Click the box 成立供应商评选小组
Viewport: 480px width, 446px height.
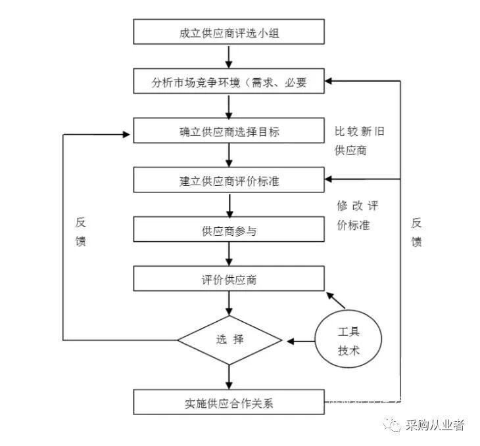pyautogui.click(x=229, y=33)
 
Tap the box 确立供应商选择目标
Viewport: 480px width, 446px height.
pyautogui.click(x=229, y=131)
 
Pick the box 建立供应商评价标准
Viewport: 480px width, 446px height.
pyautogui.click(x=229, y=181)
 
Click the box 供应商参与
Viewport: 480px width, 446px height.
pyautogui.click(x=229, y=231)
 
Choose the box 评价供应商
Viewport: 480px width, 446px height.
pyautogui.click(x=229, y=280)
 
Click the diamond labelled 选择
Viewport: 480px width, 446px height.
pyautogui.click(x=229, y=340)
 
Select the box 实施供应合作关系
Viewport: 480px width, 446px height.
pyautogui.click(x=229, y=402)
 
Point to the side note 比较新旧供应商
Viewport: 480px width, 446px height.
pyautogui.click(x=359, y=141)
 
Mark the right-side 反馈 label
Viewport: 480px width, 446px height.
pyautogui.click(x=416, y=232)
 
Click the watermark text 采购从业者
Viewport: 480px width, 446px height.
pyautogui.click(x=435, y=425)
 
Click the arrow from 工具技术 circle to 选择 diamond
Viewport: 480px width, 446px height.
pyautogui.click(x=299, y=341)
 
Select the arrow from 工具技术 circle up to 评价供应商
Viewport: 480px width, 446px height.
pyautogui.click(x=337, y=300)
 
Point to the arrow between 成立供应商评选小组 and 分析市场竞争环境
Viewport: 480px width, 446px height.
pyautogui.click(x=229, y=58)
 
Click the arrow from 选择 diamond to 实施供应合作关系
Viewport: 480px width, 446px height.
pyautogui.click(x=229, y=375)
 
